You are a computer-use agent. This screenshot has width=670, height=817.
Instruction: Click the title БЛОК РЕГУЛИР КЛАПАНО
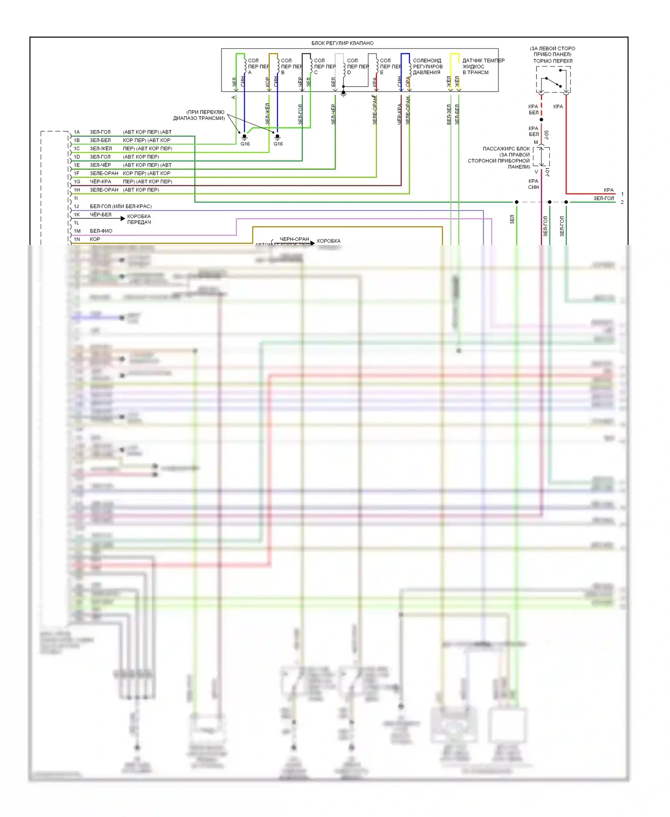coord(342,43)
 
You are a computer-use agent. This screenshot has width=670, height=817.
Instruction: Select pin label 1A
coord(77,132)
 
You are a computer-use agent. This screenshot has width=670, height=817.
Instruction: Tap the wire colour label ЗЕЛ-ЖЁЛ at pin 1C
coord(101,149)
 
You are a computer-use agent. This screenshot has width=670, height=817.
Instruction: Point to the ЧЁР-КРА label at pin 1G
coord(100,182)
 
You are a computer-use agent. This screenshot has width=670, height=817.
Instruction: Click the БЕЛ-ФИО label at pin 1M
coord(101,231)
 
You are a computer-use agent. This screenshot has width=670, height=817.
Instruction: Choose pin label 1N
coord(77,240)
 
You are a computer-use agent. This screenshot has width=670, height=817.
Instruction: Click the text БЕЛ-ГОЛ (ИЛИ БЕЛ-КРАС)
coord(121,206)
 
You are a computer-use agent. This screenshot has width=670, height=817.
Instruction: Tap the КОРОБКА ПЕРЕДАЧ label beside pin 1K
coord(139,219)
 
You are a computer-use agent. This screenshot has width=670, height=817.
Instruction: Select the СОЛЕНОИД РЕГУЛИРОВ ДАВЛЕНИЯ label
coord(427,67)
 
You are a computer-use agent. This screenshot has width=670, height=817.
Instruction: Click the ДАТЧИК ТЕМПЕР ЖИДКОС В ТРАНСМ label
coord(483,67)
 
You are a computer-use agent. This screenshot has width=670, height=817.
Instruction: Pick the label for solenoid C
coord(324,67)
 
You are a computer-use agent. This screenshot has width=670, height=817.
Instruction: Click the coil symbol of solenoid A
coord(245,66)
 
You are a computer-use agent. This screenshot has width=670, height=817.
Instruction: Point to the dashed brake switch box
coord(553,80)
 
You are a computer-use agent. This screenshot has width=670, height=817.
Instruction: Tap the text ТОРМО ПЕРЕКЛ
coord(553,61)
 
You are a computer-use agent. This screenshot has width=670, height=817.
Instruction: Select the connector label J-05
coord(547,135)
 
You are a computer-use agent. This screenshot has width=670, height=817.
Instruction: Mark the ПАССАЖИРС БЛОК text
coord(506,149)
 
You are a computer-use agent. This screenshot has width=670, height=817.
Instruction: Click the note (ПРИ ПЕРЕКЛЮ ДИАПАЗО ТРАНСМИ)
coord(199,115)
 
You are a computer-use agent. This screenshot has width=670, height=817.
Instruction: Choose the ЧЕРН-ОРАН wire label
coord(294,240)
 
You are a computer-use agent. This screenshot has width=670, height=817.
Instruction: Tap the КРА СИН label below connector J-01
coord(533,184)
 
